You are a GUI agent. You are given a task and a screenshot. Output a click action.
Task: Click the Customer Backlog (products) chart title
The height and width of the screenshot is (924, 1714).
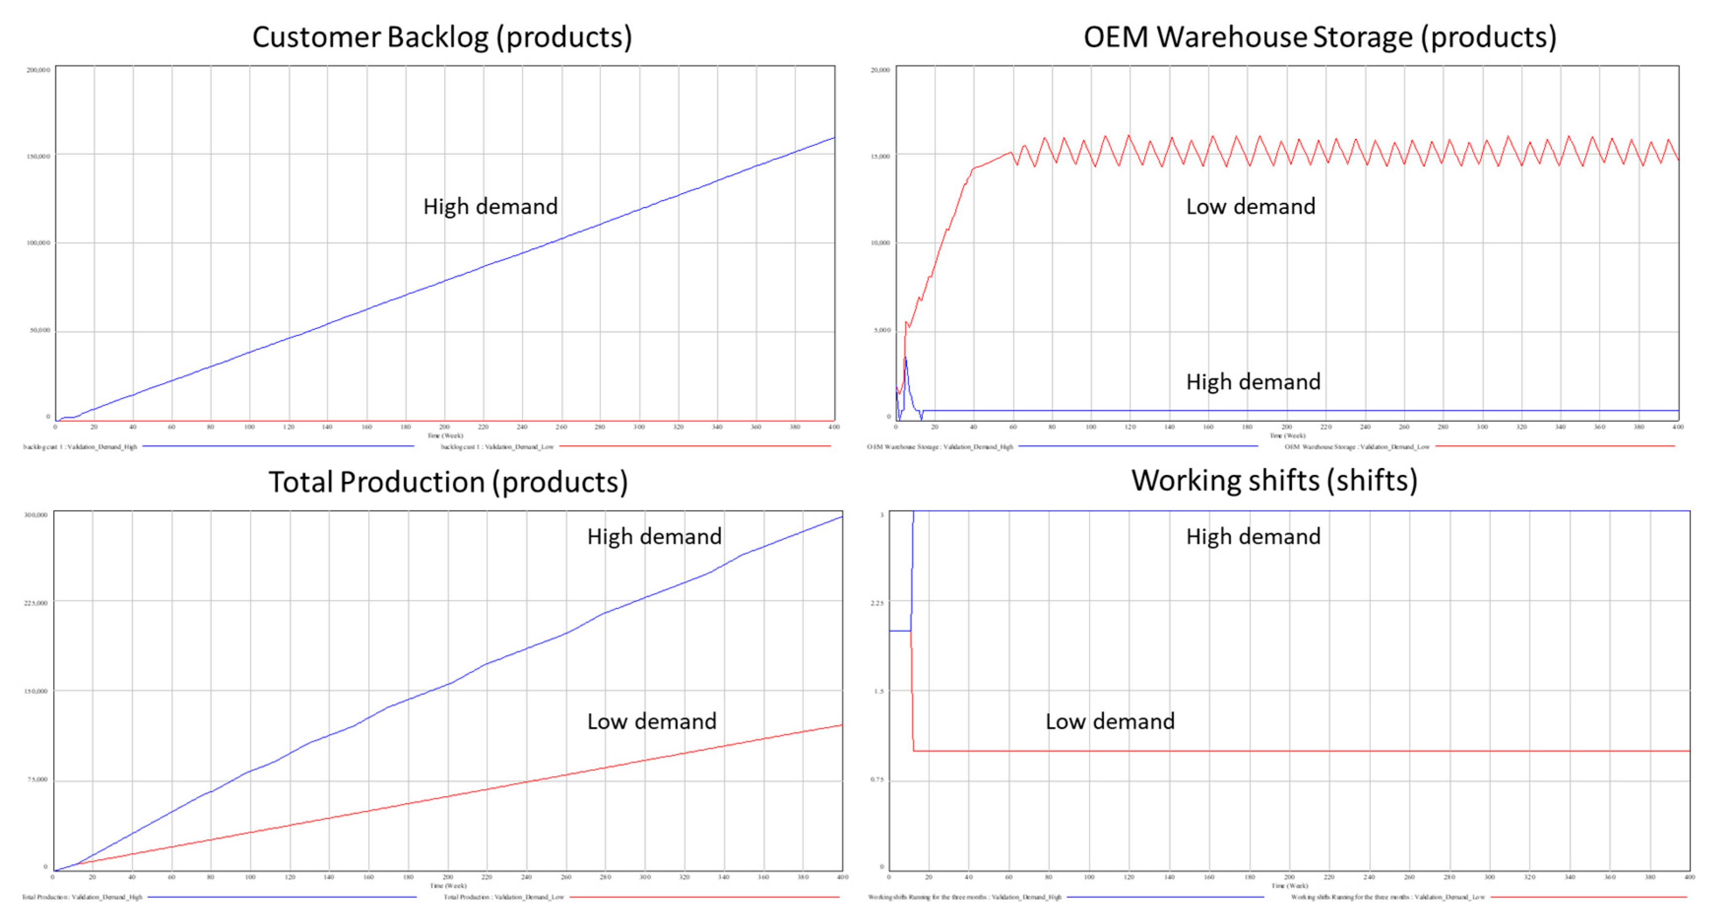tap(442, 37)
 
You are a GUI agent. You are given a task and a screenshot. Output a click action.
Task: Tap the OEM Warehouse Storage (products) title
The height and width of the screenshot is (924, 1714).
tap(1319, 37)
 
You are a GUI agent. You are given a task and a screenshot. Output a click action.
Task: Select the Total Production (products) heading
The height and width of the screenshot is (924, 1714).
tap(448, 482)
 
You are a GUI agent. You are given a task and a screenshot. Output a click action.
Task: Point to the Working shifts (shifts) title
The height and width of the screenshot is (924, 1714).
tap(1274, 481)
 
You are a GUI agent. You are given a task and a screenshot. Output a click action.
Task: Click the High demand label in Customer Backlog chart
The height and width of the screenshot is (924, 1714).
tap(490, 206)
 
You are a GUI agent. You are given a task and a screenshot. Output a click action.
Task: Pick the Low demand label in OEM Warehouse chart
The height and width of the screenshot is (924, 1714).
tap(1250, 206)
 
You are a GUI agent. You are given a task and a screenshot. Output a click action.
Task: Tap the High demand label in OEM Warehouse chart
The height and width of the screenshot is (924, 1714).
tap(1253, 381)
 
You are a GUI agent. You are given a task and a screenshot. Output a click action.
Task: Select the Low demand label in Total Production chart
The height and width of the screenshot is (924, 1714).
tap(651, 721)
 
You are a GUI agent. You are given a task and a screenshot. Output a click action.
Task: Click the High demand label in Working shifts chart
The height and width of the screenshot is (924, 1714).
tap(1253, 536)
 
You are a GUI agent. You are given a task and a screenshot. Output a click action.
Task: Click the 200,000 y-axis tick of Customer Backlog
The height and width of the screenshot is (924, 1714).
tap(38, 70)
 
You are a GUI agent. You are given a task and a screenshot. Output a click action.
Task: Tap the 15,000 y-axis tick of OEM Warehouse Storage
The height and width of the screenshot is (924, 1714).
tap(880, 157)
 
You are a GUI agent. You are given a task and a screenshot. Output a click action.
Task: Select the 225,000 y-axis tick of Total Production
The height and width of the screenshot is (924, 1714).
tap(36, 603)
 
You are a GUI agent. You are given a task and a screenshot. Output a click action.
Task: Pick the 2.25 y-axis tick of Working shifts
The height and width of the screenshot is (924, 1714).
tap(877, 603)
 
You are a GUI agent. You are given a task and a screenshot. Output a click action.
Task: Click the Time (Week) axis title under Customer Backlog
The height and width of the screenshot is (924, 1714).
tap(445, 435)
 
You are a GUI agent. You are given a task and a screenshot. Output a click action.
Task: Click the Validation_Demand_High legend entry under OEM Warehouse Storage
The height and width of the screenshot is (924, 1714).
tap(940, 447)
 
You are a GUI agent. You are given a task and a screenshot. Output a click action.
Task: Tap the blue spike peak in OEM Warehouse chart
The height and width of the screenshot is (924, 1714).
tap(906, 358)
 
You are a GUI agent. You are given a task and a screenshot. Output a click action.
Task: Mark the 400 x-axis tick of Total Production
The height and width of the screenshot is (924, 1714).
tap(842, 877)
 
